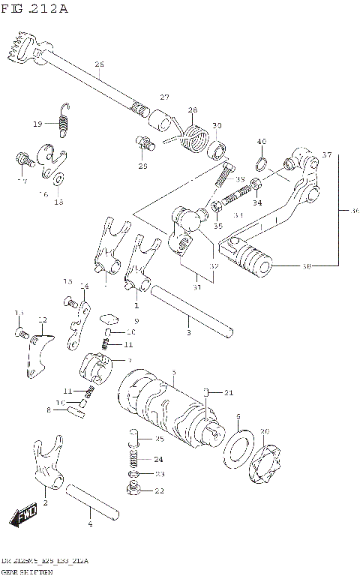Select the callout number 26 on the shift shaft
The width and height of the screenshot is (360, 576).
[x=100, y=64]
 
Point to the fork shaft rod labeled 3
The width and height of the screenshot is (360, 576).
[x=191, y=309]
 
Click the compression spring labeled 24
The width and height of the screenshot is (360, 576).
[x=134, y=457]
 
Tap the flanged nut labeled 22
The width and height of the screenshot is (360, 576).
[x=135, y=490]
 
